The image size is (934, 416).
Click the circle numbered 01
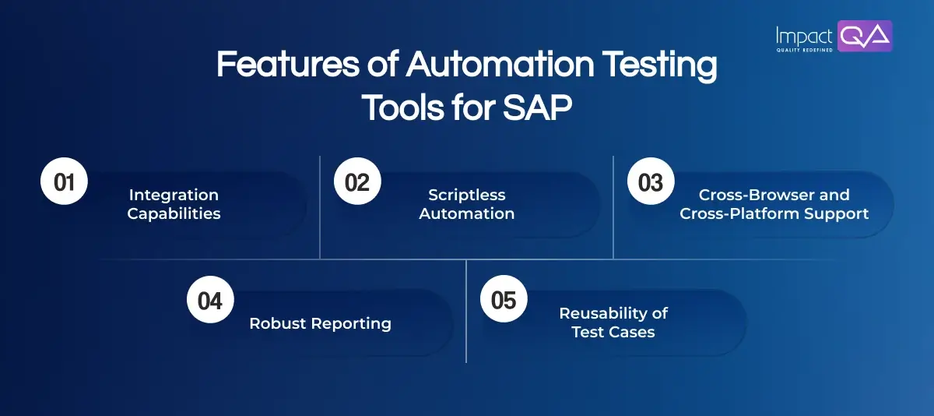coord(64,182)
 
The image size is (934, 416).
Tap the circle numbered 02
coord(357,182)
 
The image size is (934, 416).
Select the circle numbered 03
coord(651,182)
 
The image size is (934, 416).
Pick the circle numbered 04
coord(210,301)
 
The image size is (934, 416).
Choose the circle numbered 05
coord(504,301)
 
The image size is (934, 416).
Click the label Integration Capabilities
coord(174,204)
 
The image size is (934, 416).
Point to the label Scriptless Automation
coord(467,204)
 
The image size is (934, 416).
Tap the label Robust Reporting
coord(320,323)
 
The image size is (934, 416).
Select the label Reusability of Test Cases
coord(613,323)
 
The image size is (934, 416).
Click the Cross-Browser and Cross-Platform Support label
coord(774,204)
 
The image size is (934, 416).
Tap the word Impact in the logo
coord(803,34)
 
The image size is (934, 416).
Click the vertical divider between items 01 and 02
coord(320,206)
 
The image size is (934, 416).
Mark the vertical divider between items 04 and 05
coord(466,312)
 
